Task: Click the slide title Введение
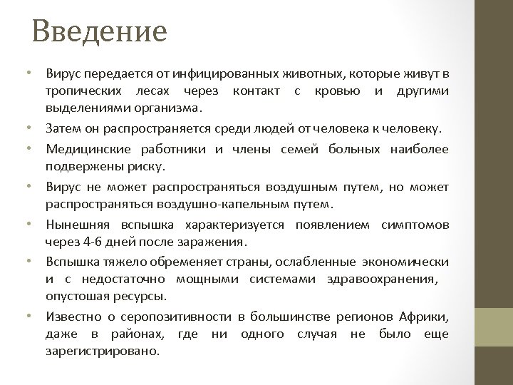pyautogui.click(x=99, y=31)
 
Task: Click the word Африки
pyautogui.click(x=424, y=316)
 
